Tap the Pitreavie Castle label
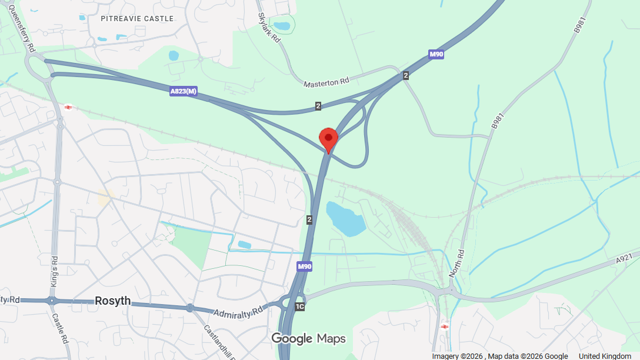pos(137,19)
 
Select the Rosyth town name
pos(112,301)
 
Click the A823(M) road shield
pos(183,91)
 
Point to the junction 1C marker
pos(300,306)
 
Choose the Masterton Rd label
pos(326,83)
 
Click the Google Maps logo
pos(308,339)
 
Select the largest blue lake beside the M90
pos(345,218)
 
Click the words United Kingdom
pos(605,356)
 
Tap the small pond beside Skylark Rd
pos(282,26)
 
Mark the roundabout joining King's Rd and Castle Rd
pos(52,300)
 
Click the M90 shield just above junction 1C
pos(304,266)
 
